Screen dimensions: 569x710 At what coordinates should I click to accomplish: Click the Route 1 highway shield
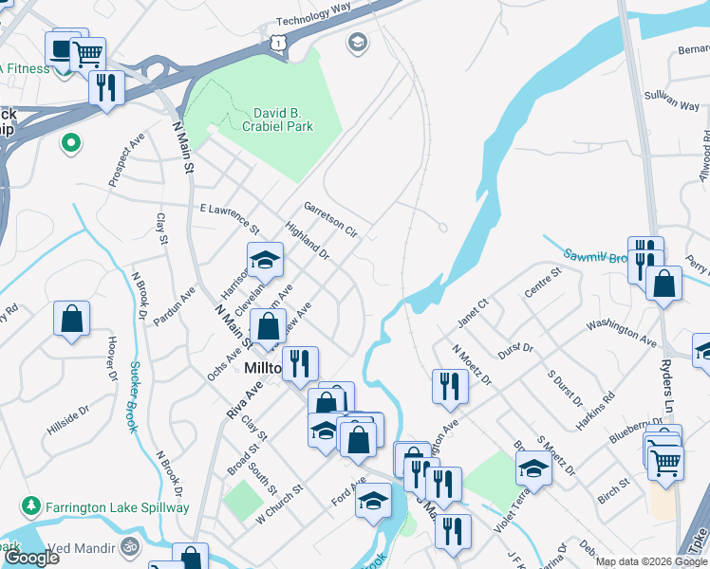[x=276, y=41]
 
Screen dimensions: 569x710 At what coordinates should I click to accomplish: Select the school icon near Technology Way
[x=357, y=41]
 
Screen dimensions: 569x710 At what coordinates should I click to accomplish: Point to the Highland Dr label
[x=307, y=242]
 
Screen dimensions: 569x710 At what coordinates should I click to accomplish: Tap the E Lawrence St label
[x=229, y=217]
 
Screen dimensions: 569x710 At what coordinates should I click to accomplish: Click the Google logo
[x=30, y=558]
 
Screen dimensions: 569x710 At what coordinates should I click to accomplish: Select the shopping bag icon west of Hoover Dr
[x=72, y=320]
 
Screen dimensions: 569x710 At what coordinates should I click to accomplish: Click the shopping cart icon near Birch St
[x=666, y=462]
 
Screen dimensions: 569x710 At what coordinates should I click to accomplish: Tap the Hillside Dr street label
[x=67, y=419]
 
